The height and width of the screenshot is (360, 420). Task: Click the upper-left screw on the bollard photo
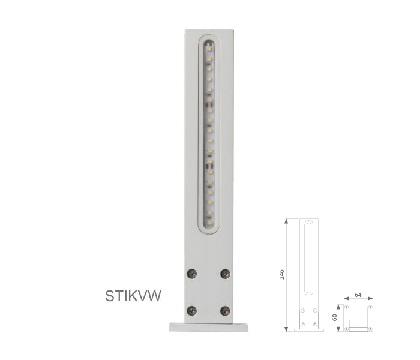192,274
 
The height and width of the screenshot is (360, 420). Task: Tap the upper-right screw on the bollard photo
225,274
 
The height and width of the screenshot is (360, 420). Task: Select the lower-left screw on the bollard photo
192,310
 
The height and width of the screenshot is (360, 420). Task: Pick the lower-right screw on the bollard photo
225,310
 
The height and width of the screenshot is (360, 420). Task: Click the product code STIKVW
133,296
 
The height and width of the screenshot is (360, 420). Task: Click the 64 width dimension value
358,295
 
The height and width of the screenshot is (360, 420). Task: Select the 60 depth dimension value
335,317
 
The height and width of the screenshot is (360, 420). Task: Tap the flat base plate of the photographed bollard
208,327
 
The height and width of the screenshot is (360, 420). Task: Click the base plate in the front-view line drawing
308,329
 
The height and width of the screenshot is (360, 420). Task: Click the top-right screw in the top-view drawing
370,307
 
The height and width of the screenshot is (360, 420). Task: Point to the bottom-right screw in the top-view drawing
370,328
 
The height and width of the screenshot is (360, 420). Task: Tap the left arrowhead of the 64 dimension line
345,298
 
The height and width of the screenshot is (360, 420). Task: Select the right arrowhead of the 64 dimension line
371,298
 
